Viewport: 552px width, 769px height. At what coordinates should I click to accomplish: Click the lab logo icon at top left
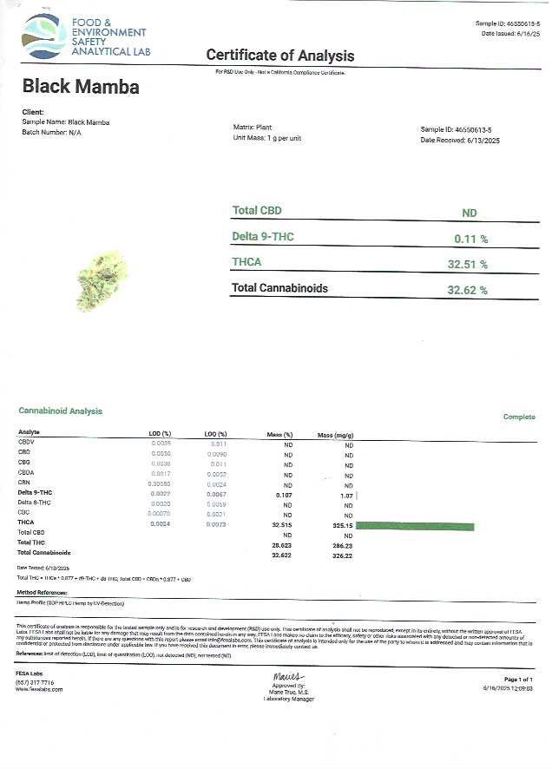coord(44,36)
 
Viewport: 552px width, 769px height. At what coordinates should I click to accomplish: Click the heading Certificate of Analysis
coord(279,56)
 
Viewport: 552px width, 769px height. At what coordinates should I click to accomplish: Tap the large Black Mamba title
coord(80,88)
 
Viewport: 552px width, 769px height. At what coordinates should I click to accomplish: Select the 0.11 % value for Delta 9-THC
coord(470,238)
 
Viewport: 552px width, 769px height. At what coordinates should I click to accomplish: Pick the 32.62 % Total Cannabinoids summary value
coord(467,290)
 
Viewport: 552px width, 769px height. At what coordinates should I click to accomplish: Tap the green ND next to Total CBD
coord(470,213)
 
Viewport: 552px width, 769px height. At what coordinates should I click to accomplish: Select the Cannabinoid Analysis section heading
coord(60,411)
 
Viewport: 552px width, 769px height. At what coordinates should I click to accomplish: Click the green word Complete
coord(519,417)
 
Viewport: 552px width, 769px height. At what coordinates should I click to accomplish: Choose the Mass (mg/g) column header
coord(336,434)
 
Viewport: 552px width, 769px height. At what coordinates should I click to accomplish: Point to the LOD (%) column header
coord(161,433)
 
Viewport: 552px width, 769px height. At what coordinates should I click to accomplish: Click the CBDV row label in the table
coord(26,442)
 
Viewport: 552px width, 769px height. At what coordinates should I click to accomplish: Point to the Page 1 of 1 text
coord(518,679)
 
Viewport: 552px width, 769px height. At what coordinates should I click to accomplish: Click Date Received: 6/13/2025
coord(460,140)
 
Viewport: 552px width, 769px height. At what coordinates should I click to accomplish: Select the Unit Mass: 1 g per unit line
coord(267,138)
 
